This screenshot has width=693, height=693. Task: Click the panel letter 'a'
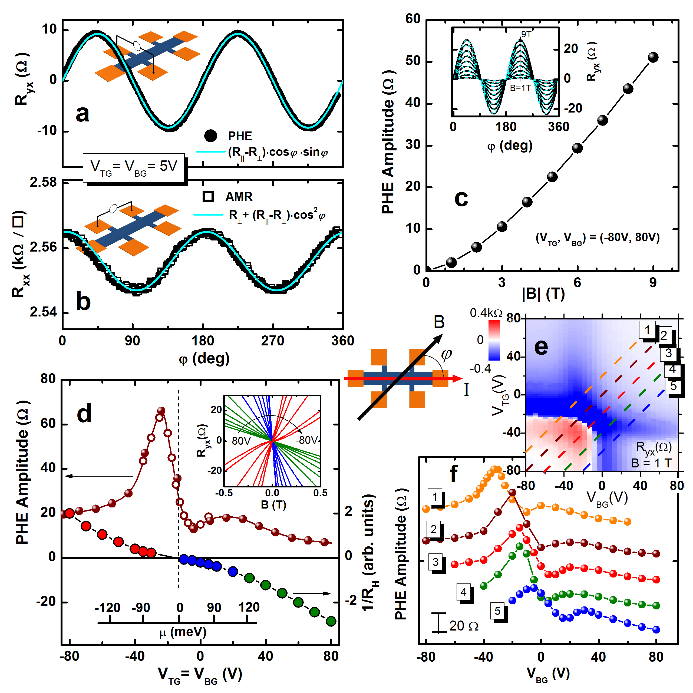point(82,114)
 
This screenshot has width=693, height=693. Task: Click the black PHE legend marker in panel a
point(210,136)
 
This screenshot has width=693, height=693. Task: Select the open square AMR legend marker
point(208,196)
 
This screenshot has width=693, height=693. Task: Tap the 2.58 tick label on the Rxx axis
point(43,183)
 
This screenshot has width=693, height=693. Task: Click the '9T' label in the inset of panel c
point(526,34)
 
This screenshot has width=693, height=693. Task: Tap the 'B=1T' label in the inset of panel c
point(520,88)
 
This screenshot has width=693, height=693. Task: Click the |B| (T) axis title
point(543,294)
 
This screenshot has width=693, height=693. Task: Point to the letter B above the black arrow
point(439,322)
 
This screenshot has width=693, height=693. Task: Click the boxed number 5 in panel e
point(673,386)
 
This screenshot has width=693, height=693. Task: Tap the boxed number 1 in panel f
point(435,497)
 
